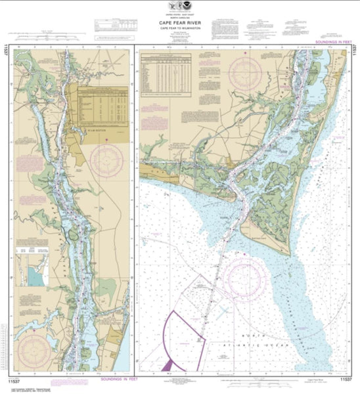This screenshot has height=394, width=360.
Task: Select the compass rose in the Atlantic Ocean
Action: [244, 278]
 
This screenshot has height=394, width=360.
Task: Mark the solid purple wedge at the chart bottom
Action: [169, 362]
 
